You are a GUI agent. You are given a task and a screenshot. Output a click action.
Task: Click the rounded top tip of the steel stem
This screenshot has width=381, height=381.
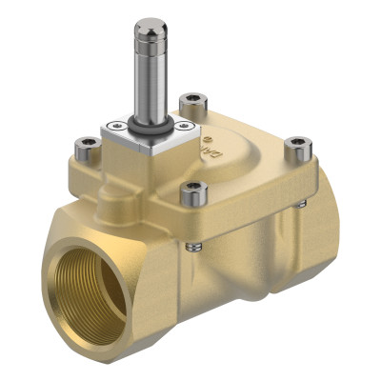(147, 26)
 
